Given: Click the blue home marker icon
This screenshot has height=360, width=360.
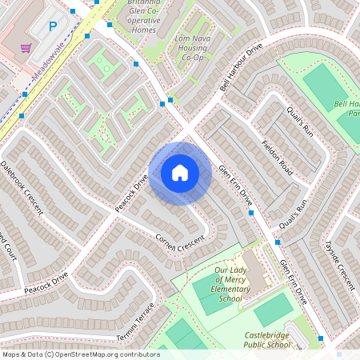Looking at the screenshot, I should [x=180, y=173].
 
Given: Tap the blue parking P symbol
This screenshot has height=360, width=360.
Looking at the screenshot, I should [x=53, y=26].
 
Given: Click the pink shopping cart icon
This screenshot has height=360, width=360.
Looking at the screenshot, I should [x=26, y=48].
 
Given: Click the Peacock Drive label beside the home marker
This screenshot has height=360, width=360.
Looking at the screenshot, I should [x=131, y=194].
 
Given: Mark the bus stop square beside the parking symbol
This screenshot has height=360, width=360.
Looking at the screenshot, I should [x=74, y=12].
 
